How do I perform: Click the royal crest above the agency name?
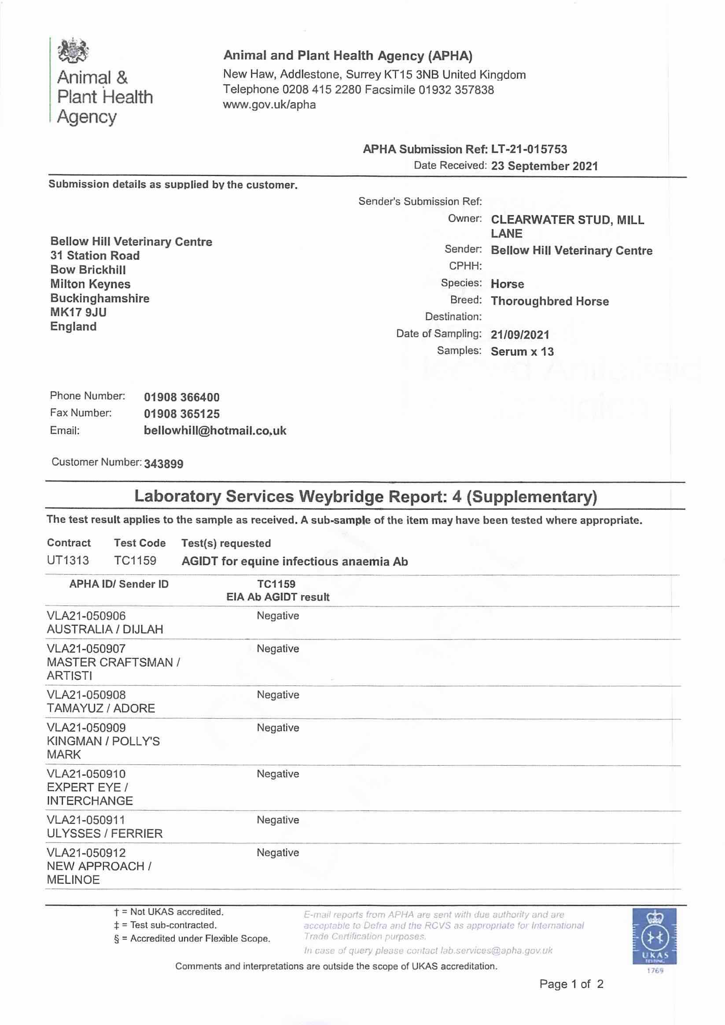[73, 51]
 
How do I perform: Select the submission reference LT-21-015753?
[529, 149]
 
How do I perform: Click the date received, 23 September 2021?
[544, 166]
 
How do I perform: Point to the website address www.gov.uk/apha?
[269, 105]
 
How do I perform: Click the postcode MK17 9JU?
[78, 312]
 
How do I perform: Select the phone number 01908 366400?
[182, 397]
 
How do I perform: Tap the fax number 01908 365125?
[182, 414]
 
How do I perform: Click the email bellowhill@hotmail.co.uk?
[215, 431]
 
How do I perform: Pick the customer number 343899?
[163, 464]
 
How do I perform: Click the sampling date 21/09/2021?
[519, 334]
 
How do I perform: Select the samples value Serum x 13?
[522, 351]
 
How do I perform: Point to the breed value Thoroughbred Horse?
[549, 301]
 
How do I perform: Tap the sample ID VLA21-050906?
[86, 616]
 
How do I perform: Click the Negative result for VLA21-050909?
[278, 728]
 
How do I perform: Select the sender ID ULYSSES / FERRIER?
[104, 833]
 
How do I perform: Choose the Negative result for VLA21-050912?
[278, 853]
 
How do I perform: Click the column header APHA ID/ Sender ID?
[119, 584]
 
